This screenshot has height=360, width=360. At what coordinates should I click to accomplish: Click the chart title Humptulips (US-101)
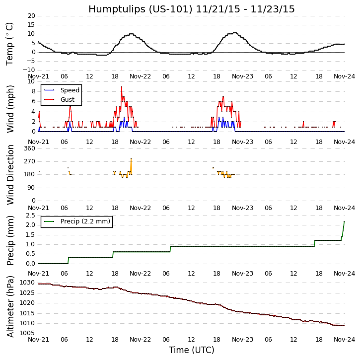pyautogui.click(x=191, y=9)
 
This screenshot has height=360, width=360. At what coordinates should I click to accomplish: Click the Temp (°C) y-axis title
pyautogui.click(x=10, y=44)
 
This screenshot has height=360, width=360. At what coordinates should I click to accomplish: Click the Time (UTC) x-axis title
pyautogui.click(x=191, y=350)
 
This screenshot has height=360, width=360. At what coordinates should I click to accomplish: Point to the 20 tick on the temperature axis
pyautogui.click(x=31, y=16)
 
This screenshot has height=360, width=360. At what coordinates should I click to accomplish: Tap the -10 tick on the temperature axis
pyautogui.click(x=29, y=70)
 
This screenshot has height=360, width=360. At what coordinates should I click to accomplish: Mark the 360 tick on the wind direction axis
pyautogui.click(x=29, y=148)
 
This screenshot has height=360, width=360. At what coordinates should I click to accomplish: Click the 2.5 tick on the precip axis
pyautogui.click(x=30, y=215)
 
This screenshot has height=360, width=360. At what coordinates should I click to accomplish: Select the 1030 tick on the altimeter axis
pyautogui.click(x=28, y=283)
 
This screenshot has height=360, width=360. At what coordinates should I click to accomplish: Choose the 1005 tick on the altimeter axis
pyautogui.click(x=28, y=333)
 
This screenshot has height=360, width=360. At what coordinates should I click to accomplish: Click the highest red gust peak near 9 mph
pyautogui.click(x=121, y=87)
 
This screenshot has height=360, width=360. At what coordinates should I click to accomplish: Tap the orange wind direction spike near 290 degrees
pyautogui.click(x=131, y=158)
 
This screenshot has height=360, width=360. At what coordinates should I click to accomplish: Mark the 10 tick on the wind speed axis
pyautogui.click(x=31, y=81)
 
